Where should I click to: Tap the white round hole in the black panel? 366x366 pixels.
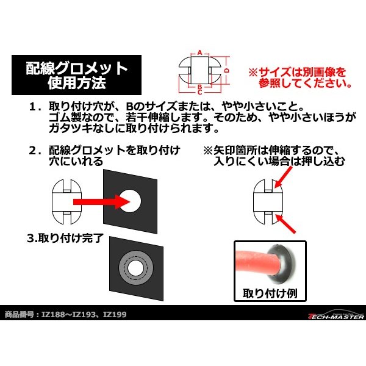pos(131,198)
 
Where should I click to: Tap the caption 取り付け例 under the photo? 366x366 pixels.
pos(267,292)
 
